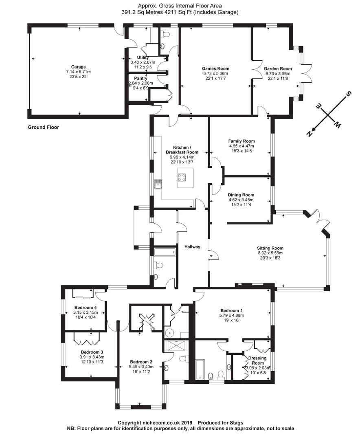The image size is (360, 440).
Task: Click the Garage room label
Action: click(x=78, y=67)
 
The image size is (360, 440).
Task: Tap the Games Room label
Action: click(x=215, y=68)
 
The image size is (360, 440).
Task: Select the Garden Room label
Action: click(x=278, y=69)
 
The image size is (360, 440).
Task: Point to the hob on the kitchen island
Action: click(x=182, y=177)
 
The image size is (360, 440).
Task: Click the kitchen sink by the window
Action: click(x=158, y=184)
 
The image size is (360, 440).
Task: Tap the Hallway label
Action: click(x=192, y=247)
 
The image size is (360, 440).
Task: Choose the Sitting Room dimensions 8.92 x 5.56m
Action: click(x=270, y=253)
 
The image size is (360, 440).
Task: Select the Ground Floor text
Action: click(x=43, y=127)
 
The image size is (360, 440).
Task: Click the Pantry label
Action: click(x=140, y=78)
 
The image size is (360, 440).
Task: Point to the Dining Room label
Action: click(x=241, y=195)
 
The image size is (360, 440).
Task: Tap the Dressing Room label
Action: click(x=257, y=360)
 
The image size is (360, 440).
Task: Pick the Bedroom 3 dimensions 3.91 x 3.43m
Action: click(x=92, y=357)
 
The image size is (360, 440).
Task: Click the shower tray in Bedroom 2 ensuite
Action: click(x=175, y=345)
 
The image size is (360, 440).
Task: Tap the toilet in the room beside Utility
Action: click(x=165, y=35)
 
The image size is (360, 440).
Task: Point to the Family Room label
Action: click(x=241, y=141)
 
